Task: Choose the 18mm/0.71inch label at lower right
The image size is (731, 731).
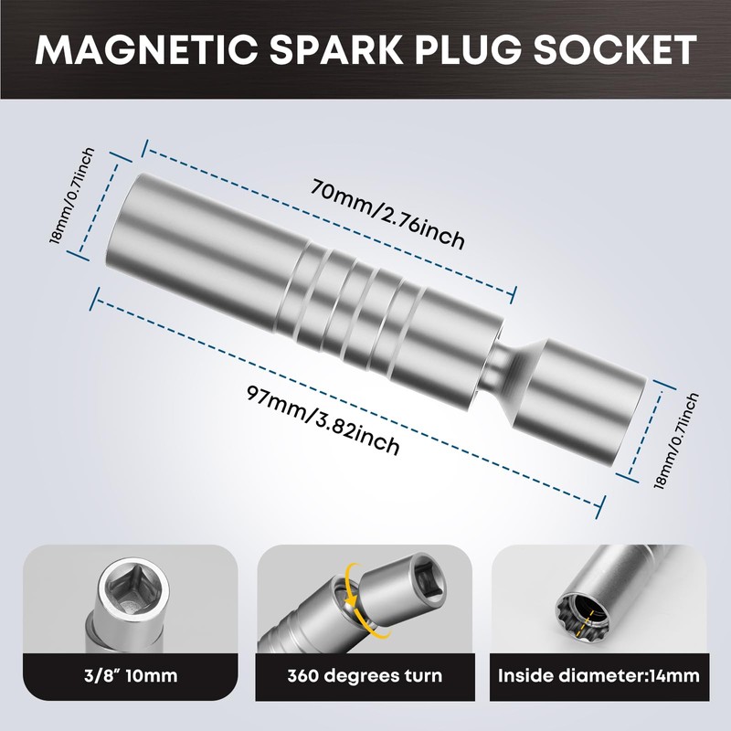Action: (x=677, y=441)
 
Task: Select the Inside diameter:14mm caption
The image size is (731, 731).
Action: (x=598, y=677)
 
